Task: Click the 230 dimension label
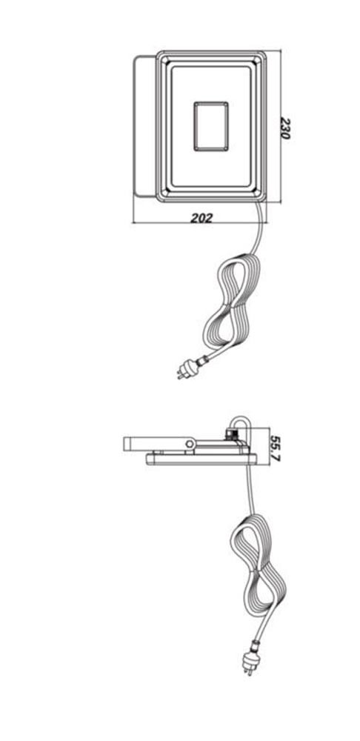284,128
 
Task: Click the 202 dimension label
201,218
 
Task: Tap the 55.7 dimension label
275,448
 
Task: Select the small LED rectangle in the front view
210,127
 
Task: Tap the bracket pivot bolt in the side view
190,444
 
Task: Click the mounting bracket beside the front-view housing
144,126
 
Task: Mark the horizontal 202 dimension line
199,222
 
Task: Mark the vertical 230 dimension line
281,126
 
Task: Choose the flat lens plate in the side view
201,459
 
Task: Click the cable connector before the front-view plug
202,361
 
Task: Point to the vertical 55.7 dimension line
268,446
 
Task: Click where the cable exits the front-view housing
258,202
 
